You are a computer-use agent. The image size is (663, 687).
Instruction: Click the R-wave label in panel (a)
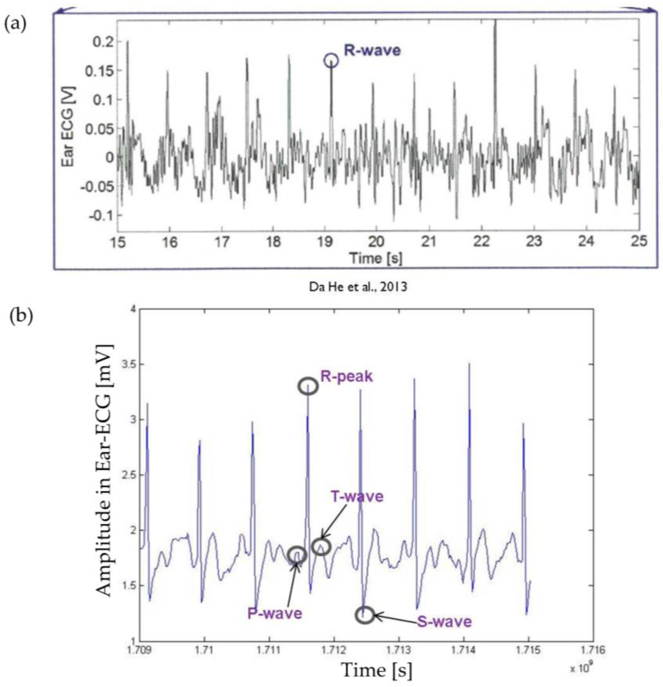click(x=372, y=51)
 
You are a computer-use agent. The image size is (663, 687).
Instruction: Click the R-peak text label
click(x=346, y=377)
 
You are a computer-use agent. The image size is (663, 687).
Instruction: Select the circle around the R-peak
click(x=308, y=386)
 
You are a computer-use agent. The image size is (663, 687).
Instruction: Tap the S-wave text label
click(x=444, y=621)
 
